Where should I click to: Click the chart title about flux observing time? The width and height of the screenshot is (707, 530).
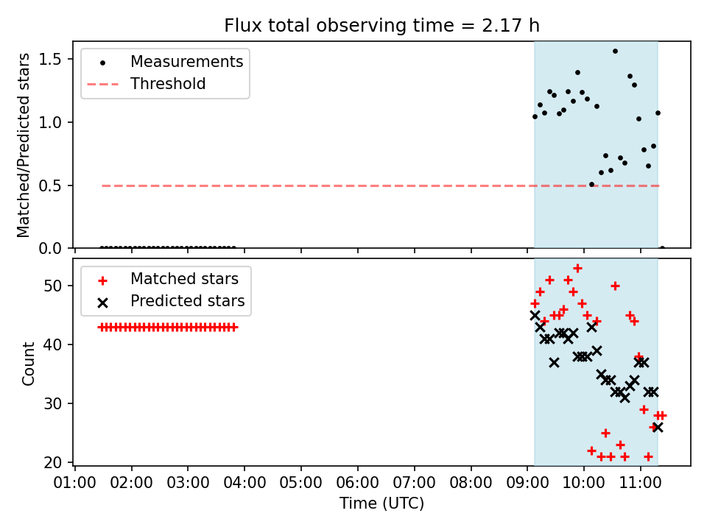pos(382,25)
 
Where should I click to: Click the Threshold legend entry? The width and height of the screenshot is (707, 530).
pos(147,84)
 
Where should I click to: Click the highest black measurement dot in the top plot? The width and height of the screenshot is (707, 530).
pos(615,52)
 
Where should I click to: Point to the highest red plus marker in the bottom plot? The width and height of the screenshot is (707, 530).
pos(577,269)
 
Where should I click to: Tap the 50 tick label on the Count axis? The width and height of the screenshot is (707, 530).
pos(53,286)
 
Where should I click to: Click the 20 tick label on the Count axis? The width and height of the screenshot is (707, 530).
pos(53,462)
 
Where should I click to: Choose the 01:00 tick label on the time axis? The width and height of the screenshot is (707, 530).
pos(75,483)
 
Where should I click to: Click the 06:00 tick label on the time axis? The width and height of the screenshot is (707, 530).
pos(358,483)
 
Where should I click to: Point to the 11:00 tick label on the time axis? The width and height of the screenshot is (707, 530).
pos(641,483)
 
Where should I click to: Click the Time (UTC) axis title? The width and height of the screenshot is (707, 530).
pos(382,504)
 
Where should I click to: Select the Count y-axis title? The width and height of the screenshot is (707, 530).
pos(29,363)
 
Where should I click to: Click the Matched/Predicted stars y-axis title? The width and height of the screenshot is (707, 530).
pos(24,145)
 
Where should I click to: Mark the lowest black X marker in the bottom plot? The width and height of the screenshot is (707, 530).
pos(658,427)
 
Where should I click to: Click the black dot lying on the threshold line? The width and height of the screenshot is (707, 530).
pos(591,184)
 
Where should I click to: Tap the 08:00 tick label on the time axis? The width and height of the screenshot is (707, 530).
pos(471,483)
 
